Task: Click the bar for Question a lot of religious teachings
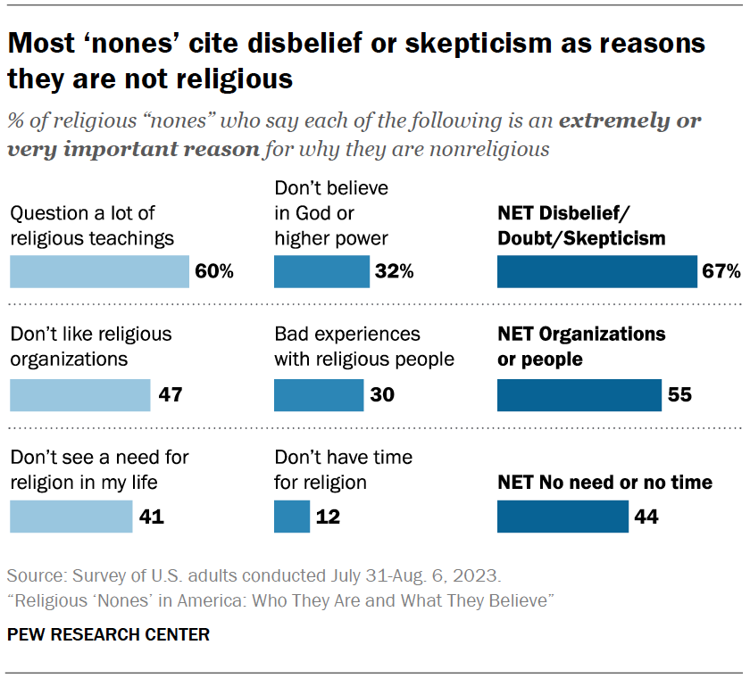pyautogui.click(x=99, y=271)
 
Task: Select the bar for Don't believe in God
pyautogui.click(x=321, y=271)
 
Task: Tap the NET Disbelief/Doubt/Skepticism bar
pyautogui.click(x=596, y=271)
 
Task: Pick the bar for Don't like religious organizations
pyautogui.click(x=80, y=394)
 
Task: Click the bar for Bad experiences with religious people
pyautogui.click(x=319, y=394)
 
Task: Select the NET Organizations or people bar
pyautogui.click(x=579, y=394)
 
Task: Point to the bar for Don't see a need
pyautogui.click(x=71, y=516)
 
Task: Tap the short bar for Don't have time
pyautogui.click(x=291, y=516)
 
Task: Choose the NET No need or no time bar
pyautogui.click(x=562, y=516)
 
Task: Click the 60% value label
pyautogui.click(x=214, y=272)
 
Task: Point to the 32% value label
pyautogui.click(x=395, y=272)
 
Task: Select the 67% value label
pyautogui.click(x=721, y=272)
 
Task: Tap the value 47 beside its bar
pyautogui.click(x=171, y=394)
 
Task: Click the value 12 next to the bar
pyautogui.click(x=328, y=516)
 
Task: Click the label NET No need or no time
pyautogui.click(x=604, y=483)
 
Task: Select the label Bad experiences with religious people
pyautogui.click(x=364, y=347)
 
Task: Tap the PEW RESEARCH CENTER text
pyautogui.click(x=108, y=635)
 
